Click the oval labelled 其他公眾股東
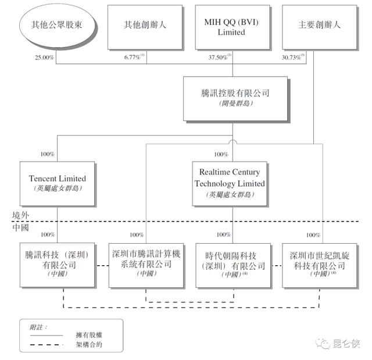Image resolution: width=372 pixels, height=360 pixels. pyautogui.click(x=56, y=26)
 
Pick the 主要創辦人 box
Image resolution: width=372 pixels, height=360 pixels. pyautogui.click(x=319, y=26)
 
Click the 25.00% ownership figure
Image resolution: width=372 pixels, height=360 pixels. pyautogui.click(x=45, y=57)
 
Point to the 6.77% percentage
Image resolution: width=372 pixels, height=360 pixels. pyautogui.click(x=133, y=57)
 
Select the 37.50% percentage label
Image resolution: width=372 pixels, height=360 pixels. pyautogui.click(x=220, y=57)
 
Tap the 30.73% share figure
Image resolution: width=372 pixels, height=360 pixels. pyautogui.click(x=293, y=57)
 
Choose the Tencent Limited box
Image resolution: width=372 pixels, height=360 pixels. pyautogui.click(x=57, y=183)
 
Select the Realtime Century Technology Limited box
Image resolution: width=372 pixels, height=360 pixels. pyautogui.click(x=230, y=183)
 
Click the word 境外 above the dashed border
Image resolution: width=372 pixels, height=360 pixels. pyautogui.click(x=21, y=215)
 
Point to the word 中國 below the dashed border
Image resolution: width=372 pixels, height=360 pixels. pyautogui.click(x=21, y=227)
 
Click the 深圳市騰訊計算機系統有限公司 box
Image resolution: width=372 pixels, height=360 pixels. pyautogui.click(x=146, y=264)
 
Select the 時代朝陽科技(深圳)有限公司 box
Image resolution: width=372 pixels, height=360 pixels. pyautogui.click(x=231, y=264)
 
